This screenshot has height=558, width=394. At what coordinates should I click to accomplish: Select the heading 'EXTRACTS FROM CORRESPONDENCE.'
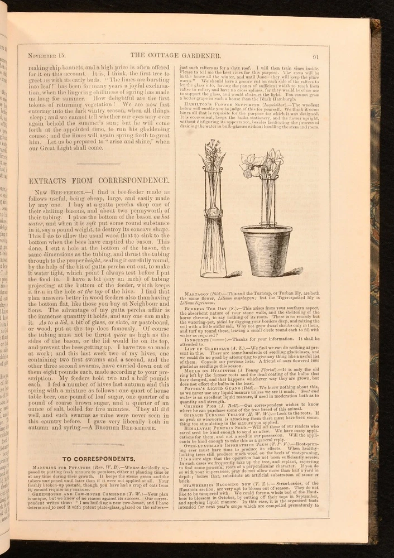98,181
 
